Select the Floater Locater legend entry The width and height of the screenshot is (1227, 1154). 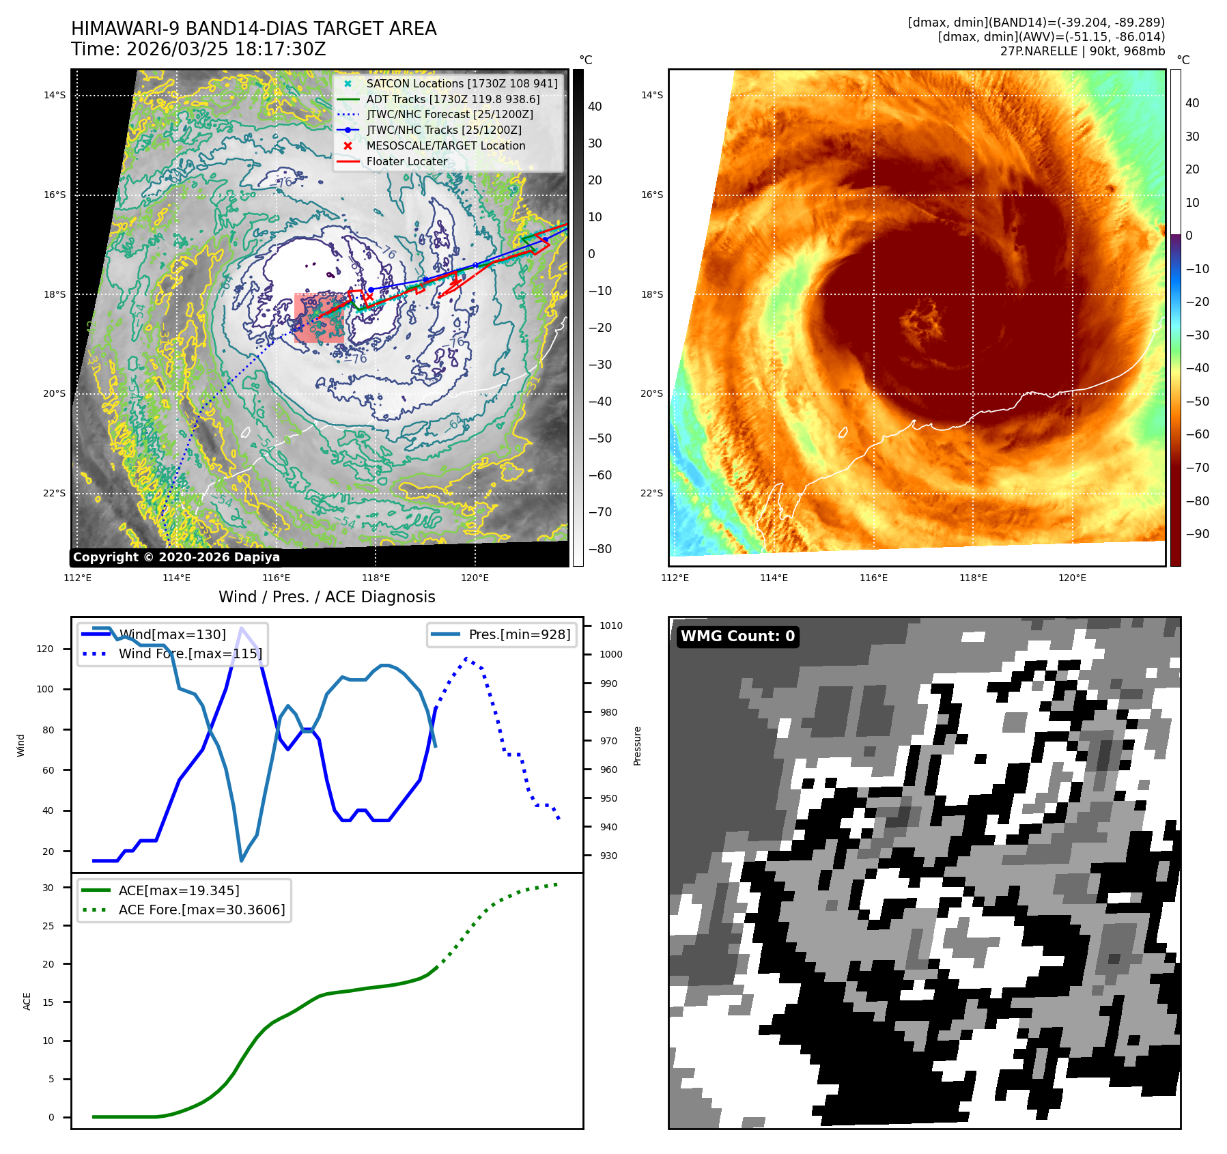407,162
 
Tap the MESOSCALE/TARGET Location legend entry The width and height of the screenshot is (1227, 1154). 446,146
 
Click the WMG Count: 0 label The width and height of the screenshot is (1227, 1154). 737,636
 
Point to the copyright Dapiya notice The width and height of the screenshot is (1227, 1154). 176,557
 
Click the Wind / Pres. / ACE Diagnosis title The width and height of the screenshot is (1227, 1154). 326,597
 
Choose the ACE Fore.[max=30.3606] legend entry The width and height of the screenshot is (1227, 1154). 201,910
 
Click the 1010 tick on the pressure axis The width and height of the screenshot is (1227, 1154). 610,625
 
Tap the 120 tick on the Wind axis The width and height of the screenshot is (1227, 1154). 45,649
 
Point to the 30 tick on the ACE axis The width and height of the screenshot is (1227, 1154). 48,888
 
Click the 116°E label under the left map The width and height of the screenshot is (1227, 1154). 276,578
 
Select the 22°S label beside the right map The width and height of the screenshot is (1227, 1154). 651,493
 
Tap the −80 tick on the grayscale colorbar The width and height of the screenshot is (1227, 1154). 600,549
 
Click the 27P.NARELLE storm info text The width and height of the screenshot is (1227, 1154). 1082,51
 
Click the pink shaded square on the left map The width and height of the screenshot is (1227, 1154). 318,318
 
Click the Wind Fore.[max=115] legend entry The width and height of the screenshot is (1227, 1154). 190,653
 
